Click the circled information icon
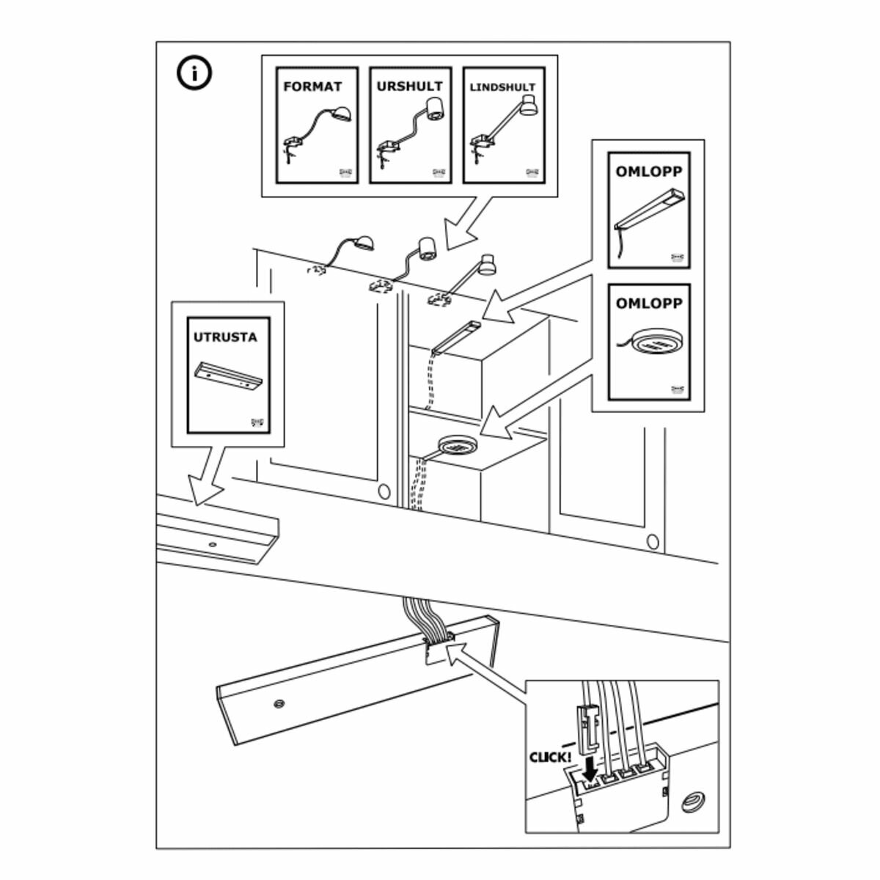(194, 74)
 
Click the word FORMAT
(312, 87)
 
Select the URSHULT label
(409, 87)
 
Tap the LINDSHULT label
(502, 87)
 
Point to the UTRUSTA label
(225, 337)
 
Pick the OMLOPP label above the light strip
(648, 172)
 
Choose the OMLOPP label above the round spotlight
(648, 303)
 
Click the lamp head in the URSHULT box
(436, 107)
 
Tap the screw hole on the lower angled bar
(278, 704)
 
